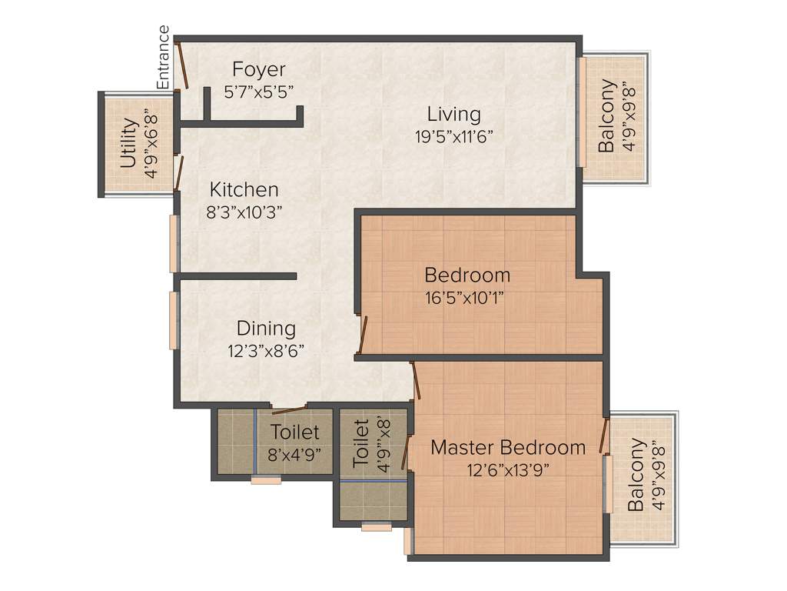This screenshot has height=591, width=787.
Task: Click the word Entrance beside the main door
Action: [x=163, y=58]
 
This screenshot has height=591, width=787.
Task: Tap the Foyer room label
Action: [x=259, y=69]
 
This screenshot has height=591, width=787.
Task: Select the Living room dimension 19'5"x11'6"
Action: [x=453, y=136]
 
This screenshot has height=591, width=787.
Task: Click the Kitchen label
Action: [x=244, y=189]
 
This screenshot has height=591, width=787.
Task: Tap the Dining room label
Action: [x=266, y=329]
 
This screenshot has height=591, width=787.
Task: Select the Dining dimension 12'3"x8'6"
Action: [x=266, y=350]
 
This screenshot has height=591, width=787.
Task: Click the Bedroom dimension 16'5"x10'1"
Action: [x=467, y=296]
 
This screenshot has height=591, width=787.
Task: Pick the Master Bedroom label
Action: [x=508, y=447]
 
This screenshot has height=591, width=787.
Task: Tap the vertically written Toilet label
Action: [x=361, y=444]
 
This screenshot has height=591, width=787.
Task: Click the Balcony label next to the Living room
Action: [x=607, y=115]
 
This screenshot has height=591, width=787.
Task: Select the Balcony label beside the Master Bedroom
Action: [x=636, y=475]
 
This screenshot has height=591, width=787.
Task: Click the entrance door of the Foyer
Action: [x=182, y=65]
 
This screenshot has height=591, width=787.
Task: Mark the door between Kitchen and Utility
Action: [x=178, y=172]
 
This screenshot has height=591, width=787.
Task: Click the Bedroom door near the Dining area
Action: [x=362, y=336]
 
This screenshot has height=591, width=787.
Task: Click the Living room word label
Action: [x=454, y=115]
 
